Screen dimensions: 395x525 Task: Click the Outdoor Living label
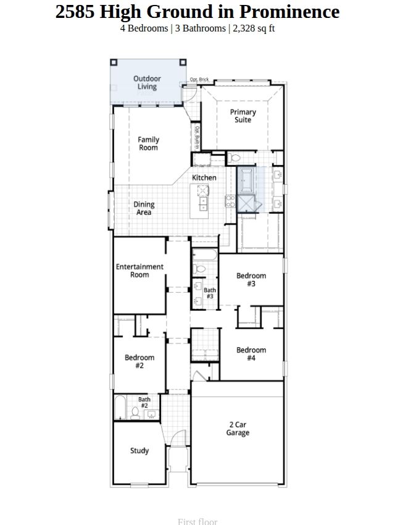[x=147, y=83]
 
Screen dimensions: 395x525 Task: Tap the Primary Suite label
[x=243, y=116]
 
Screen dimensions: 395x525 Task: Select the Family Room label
[x=148, y=143]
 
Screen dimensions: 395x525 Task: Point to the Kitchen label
[x=204, y=177]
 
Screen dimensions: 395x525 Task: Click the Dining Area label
[x=144, y=208]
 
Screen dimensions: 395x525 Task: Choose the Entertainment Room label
[x=139, y=271]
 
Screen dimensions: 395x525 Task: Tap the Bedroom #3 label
[x=251, y=280]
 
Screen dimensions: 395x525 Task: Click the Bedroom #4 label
[x=251, y=354]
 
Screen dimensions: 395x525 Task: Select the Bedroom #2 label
[x=139, y=361]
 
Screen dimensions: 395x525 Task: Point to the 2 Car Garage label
[x=238, y=429]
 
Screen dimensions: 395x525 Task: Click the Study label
[x=139, y=451]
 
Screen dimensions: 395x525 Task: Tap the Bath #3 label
[x=210, y=293]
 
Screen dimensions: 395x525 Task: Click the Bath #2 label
[x=144, y=403]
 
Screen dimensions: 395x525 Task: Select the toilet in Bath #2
[x=135, y=413]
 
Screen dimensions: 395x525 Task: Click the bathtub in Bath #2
[x=120, y=408]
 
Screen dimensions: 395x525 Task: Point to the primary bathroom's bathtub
[x=246, y=180]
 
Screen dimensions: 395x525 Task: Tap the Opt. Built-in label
[x=197, y=138]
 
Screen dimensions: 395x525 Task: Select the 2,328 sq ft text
[x=254, y=28]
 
